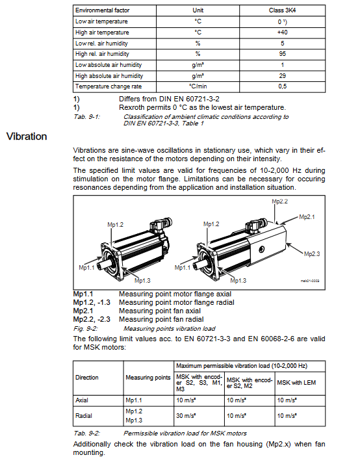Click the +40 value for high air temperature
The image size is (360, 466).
[x=282, y=32]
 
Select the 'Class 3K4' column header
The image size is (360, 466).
[x=282, y=10]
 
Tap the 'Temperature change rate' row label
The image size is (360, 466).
[x=109, y=86]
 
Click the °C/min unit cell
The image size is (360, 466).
[x=198, y=86]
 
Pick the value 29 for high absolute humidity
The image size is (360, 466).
[x=282, y=76]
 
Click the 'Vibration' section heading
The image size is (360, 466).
[x=27, y=136]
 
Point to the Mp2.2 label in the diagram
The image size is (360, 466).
[x=280, y=201]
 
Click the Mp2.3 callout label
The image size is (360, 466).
[x=312, y=254]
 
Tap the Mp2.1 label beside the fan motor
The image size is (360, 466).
[x=307, y=217]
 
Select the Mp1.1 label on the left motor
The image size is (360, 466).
[x=86, y=268]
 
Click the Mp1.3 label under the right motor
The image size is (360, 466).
[x=238, y=281]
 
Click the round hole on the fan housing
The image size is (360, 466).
[x=261, y=249]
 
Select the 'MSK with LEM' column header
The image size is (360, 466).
[x=296, y=383]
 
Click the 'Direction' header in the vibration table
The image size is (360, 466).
[x=86, y=378]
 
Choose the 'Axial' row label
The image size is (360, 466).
[x=82, y=400]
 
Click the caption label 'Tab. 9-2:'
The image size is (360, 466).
[x=86, y=434]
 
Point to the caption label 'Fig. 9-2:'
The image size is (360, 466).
[x=86, y=329]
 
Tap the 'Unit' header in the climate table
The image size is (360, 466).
[x=198, y=10]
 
